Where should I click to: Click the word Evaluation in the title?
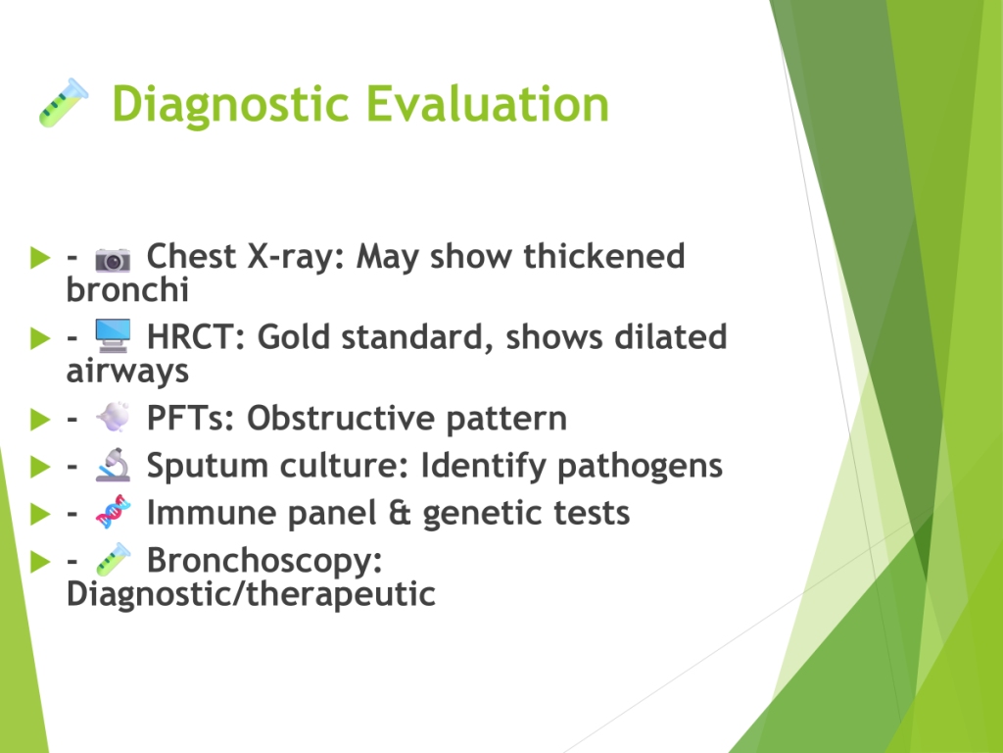tap(488, 103)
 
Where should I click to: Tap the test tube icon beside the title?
tap(64, 102)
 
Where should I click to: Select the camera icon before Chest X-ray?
tap(113, 259)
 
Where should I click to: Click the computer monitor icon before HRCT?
tap(113, 336)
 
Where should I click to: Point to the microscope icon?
tap(113, 465)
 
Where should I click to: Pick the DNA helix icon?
tap(113, 512)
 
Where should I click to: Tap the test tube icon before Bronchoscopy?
tap(113, 560)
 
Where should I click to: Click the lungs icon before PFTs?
tap(113, 418)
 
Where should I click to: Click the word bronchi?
tap(127, 289)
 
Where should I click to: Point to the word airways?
tap(127, 372)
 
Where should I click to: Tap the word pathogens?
tap(640, 467)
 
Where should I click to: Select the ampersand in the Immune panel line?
tap(400, 513)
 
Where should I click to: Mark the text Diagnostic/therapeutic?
tap(251, 594)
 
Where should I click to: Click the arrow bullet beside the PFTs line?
tap(40, 419)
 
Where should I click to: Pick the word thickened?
tap(603, 256)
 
